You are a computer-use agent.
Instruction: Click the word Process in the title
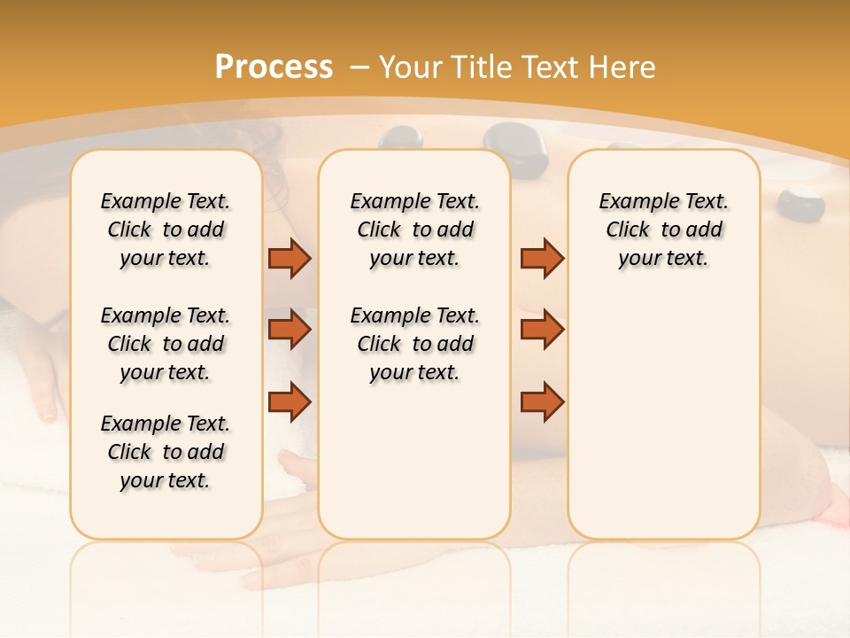274,67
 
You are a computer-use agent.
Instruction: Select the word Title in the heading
483,67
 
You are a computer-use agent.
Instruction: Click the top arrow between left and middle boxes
290,259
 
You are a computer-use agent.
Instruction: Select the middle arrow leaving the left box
290,330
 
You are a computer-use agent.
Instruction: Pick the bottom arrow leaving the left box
290,402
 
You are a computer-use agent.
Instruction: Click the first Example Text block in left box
166,230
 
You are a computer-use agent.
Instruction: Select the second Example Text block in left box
166,344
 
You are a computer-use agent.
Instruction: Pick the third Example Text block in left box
166,452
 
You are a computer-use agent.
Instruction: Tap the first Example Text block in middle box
414,230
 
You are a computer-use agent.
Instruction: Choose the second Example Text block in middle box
414,344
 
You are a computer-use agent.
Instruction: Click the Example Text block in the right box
663,230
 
